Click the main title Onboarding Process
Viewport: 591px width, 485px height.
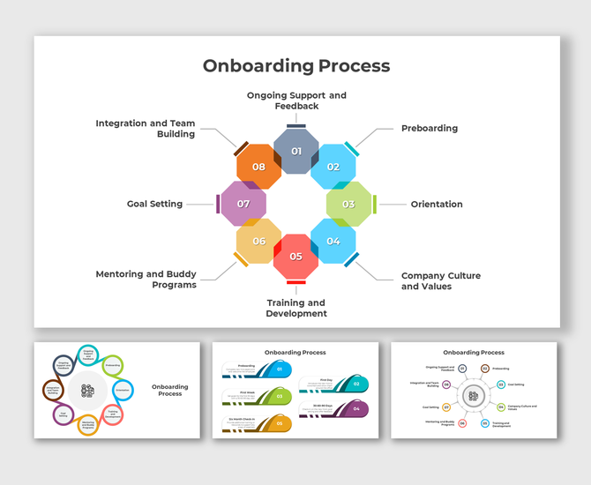pyautogui.click(x=295, y=66)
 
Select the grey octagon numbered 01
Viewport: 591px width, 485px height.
pyautogui.click(x=296, y=151)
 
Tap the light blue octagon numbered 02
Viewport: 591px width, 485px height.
pyautogui.click(x=333, y=167)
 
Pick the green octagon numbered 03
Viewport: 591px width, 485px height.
pyautogui.click(x=348, y=204)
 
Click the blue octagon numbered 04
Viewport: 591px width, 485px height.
pyautogui.click(x=333, y=241)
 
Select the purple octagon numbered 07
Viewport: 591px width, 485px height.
pyautogui.click(x=243, y=204)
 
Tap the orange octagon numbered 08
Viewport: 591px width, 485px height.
pyautogui.click(x=258, y=167)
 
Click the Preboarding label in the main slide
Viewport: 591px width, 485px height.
pyautogui.click(x=430, y=129)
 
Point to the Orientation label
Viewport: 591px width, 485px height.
pyautogui.click(x=437, y=205)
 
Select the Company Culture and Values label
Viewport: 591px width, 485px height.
pyautogui.click(x=441, y=280)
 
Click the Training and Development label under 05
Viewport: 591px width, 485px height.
pyautogui.click(x=296, y=308)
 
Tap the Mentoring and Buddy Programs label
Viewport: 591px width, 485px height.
pyautogui.click(x=146, y=280)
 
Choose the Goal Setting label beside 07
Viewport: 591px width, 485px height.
pyautogui.click(x=154, y=204)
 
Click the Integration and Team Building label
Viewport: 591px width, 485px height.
pyautogui.click(x=146, y=129)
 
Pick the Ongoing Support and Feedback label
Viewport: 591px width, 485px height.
pyautogui.click(x=296, y=100)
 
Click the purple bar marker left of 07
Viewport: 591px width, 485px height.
pyautogui.click(x=218, y=204)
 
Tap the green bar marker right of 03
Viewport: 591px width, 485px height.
pyautogui.click(x=375, y=204)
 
